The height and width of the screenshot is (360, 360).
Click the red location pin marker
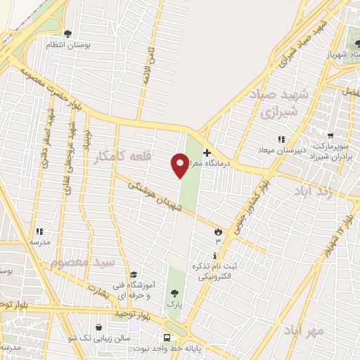coord(180,165)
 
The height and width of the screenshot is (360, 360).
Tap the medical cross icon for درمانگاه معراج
coord(207,153)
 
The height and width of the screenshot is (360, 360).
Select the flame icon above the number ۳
coord(217,231)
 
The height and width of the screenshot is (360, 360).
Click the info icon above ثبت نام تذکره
coord(216,255)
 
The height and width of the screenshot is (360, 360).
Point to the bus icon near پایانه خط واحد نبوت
coord(167,337)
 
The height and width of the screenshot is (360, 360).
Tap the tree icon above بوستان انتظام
coord(67,34)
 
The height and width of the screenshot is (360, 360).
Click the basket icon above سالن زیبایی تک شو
coord(98,327)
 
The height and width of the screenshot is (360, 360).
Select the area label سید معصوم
coord(82,262)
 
